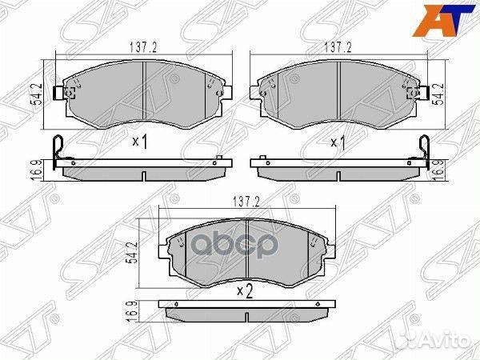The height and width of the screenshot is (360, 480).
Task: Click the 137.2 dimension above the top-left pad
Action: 143,47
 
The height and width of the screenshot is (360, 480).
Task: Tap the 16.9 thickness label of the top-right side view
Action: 438,169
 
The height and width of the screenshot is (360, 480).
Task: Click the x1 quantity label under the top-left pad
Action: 140,142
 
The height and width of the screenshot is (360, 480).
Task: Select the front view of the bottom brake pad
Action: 243,249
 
